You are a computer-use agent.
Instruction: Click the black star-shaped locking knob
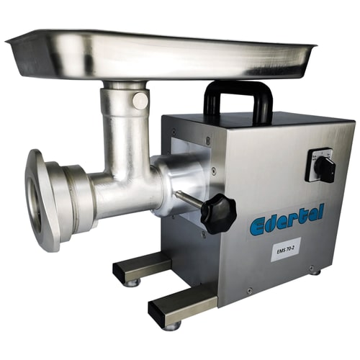coord(218,212)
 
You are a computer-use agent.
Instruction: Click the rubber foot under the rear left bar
coord(131,283)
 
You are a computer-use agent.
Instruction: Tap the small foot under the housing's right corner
coord(315,271)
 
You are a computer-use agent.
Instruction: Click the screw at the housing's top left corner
coord(173,131)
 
